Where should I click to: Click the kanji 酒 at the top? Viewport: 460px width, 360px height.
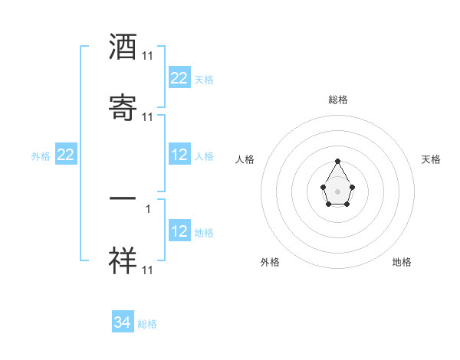pyautogui.click(x=123, y=48)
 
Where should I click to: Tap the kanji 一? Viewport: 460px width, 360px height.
pyautogui.click(x=123, y=198)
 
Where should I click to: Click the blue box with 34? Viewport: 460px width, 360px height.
pyautogui.click(x=123, y=322)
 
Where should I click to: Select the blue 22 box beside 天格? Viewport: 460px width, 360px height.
pyautogui.click(x=179, y=78)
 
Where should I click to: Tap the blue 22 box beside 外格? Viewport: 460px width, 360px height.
pyautogui.click(x=66, y=155)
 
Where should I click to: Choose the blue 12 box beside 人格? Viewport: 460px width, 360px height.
pyautogui.click(x=179, y=155)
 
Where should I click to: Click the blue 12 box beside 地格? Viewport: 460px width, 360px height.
pyautogui.click(x=179, y=231)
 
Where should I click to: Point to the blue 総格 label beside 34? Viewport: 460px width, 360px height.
pyautogui.click(x=147, y=324)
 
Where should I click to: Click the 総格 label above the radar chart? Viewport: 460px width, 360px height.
pyautogui.click(x=338, y=100)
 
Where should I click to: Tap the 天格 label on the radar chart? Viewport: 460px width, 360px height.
pyautogui.click(x=432, y=159)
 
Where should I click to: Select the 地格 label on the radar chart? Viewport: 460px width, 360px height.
pyautogui.click(x=402, y=262)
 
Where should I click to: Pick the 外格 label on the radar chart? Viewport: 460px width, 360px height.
pyautogui.click(x=270, y=262)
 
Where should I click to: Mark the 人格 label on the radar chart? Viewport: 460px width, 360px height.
pyautogui.click(x=245, y=159)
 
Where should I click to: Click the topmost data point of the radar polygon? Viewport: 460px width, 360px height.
pyautogui.click(x=337, y=161)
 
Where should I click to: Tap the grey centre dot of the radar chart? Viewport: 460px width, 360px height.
pyautogui.click(x=337, y=190)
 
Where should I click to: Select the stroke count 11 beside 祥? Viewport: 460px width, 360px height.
pyautogui.click(x=148, y=270)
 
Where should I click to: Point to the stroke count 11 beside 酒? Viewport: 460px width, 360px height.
pyautogui.click(x=148, y=56)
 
